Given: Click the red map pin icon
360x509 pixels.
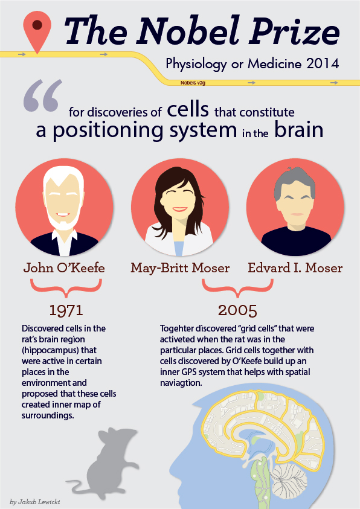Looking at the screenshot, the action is tap(37, 29).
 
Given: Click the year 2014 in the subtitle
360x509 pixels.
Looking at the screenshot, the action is tap(323, 63).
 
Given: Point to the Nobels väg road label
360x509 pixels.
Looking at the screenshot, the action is tap(193, 83).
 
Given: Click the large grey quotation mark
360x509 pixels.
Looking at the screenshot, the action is tap(42, 95).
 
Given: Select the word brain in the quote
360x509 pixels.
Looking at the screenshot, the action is tap(299, 130).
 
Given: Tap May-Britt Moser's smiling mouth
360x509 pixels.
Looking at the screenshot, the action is tap(179, 209).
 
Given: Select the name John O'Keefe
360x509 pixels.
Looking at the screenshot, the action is tap(64, 268).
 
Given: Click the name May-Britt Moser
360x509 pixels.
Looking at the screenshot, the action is tap(180, 269).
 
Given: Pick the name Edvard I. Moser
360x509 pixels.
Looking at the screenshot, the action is tap(295, 268).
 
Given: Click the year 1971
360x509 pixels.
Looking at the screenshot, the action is tap(66, 310).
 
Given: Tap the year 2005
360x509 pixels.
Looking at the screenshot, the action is tap(237, 310).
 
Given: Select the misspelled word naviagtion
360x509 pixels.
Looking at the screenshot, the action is tap(181, 383).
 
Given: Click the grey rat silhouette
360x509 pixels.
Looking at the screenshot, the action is tap(103, 464).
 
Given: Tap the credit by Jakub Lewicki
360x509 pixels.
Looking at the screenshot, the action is tap(35, 502).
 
